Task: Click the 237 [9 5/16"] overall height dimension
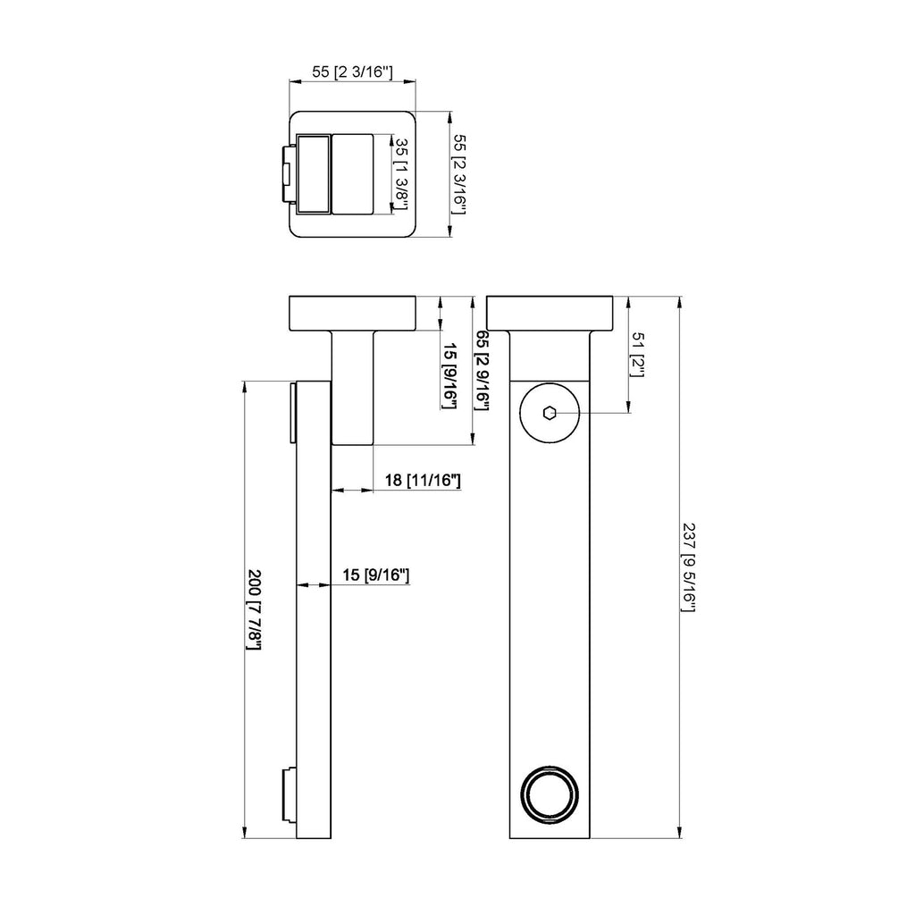(689, 567)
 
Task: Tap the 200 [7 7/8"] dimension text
(254, 609)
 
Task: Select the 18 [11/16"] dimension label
(423, 480)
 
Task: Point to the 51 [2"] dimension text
(638, 355)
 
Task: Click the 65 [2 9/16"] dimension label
(482, 370)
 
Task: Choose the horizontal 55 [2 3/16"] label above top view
(352, 71)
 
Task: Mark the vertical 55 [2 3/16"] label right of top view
(460, 174)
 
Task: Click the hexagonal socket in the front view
(549, 413)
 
